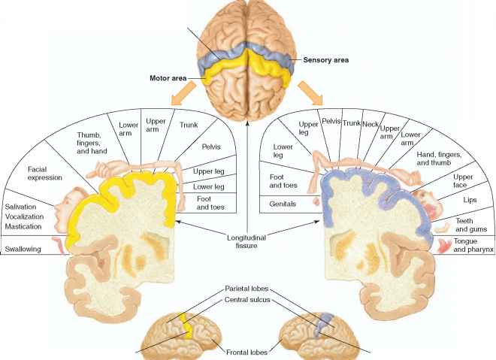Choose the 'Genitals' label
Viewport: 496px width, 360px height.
point(283,204)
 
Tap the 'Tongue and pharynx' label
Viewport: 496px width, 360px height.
point(473,246)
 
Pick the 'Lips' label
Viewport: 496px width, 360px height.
point(470,201)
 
